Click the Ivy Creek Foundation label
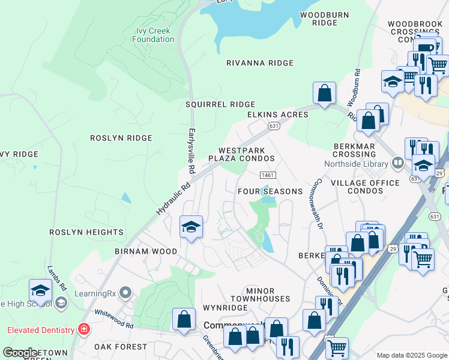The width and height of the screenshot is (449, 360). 153,35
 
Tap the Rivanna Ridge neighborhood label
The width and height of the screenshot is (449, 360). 260,63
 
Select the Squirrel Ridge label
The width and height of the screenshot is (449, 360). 220,104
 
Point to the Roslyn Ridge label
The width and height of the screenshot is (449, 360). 121,138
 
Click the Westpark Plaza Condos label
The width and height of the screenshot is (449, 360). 241,155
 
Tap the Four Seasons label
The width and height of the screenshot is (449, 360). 270,191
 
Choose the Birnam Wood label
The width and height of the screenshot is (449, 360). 146,251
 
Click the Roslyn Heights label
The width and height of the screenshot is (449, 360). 86,232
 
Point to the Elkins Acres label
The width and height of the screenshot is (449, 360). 277,115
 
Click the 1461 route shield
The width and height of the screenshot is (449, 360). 268,175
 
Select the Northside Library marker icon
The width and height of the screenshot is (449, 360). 397,163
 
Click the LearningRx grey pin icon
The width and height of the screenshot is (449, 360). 125,293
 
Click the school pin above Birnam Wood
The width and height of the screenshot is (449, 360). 191,227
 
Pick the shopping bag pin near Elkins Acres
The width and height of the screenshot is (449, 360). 324,93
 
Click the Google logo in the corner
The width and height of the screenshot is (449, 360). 20,353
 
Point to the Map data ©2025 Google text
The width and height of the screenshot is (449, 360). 411,355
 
